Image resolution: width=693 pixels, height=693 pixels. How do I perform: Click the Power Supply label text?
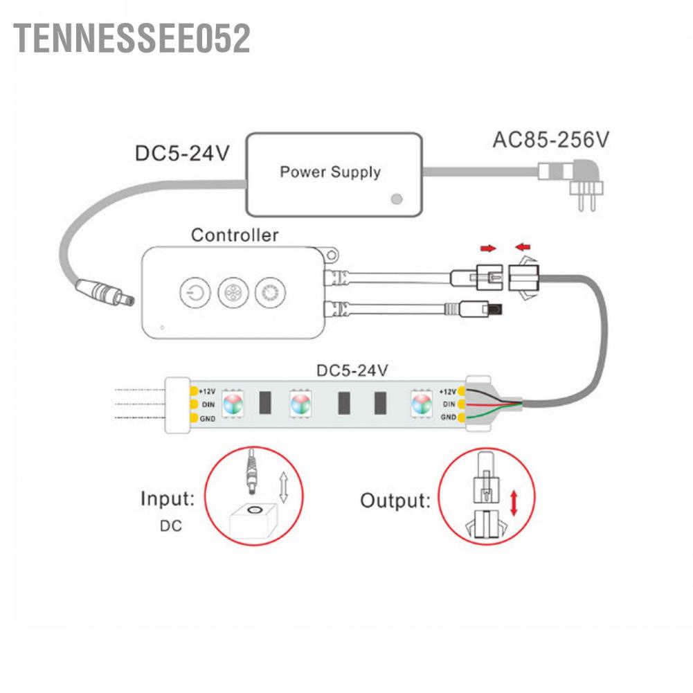(330, 172)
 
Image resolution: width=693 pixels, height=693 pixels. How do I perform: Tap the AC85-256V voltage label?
(550, 140)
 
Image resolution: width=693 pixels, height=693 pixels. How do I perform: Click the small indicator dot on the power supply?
(396, 199)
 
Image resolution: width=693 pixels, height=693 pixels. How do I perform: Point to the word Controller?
(235, 235)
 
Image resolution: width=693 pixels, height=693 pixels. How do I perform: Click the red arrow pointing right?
(488, 247)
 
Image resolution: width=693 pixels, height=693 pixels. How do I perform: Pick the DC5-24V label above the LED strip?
(352, 370)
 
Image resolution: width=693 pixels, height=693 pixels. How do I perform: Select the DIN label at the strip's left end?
(206, 404)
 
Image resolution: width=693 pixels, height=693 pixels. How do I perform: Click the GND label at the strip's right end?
(448, 417)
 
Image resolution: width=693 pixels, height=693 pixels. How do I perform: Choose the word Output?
(395, 501)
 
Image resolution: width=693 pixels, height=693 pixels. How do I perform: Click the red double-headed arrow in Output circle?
(514, 502)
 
